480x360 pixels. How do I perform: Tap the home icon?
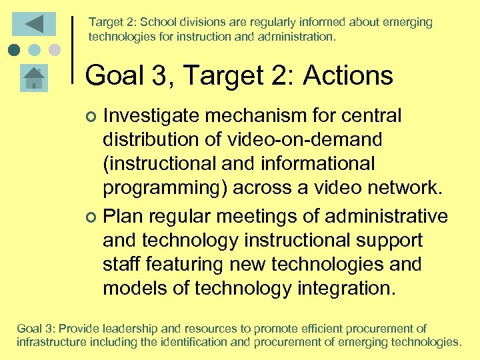33,77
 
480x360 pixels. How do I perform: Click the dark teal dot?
15,49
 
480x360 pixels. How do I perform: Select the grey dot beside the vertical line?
55,49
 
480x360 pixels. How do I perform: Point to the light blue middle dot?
35,49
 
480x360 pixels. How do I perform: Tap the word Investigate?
151,116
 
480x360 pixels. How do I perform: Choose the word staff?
121,264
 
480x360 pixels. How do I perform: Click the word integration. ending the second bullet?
347,288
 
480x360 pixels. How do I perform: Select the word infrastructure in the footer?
51,343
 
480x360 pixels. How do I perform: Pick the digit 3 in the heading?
159,76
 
